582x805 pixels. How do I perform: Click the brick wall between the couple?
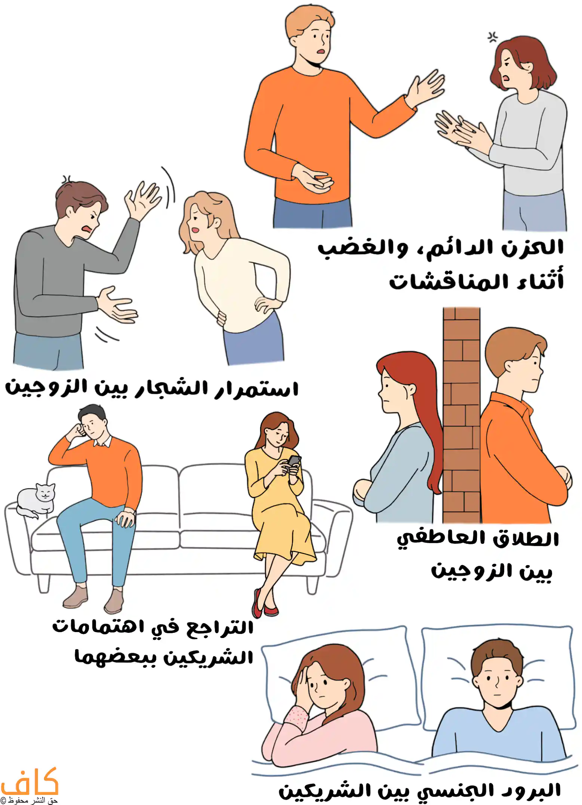[x=461, y=415]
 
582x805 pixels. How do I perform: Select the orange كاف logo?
[x=30, y=782]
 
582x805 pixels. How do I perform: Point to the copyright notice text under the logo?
[x=29, y=800]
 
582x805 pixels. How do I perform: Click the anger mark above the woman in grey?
[x=492, y=37]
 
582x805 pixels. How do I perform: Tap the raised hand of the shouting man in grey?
[x=142, y=198]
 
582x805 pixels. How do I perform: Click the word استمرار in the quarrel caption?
[x=256, y=388]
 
